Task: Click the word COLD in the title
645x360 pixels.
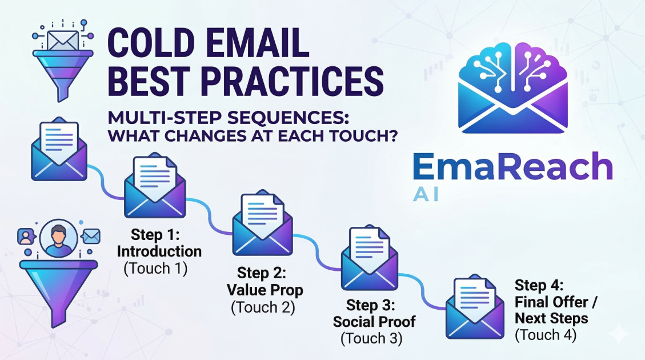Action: point(151,43)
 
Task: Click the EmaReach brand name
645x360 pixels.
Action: point(512,166)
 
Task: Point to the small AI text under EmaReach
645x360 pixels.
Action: point(426,195)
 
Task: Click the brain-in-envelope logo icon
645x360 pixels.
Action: point(512,87)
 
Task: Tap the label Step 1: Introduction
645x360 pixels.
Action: point(159,243)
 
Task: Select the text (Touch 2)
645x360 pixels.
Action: point(263,307)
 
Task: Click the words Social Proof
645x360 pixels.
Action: point(374,322)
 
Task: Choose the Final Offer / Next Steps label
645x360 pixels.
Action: point(555,310)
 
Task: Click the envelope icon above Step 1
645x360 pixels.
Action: point(155,186)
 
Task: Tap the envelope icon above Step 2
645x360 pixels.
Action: point(262,223)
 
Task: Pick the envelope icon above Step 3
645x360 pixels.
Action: point(370,258)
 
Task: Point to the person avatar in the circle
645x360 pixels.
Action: point(58,238)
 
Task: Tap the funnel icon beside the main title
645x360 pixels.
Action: point(63,75)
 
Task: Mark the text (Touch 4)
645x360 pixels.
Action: point(546,335)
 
